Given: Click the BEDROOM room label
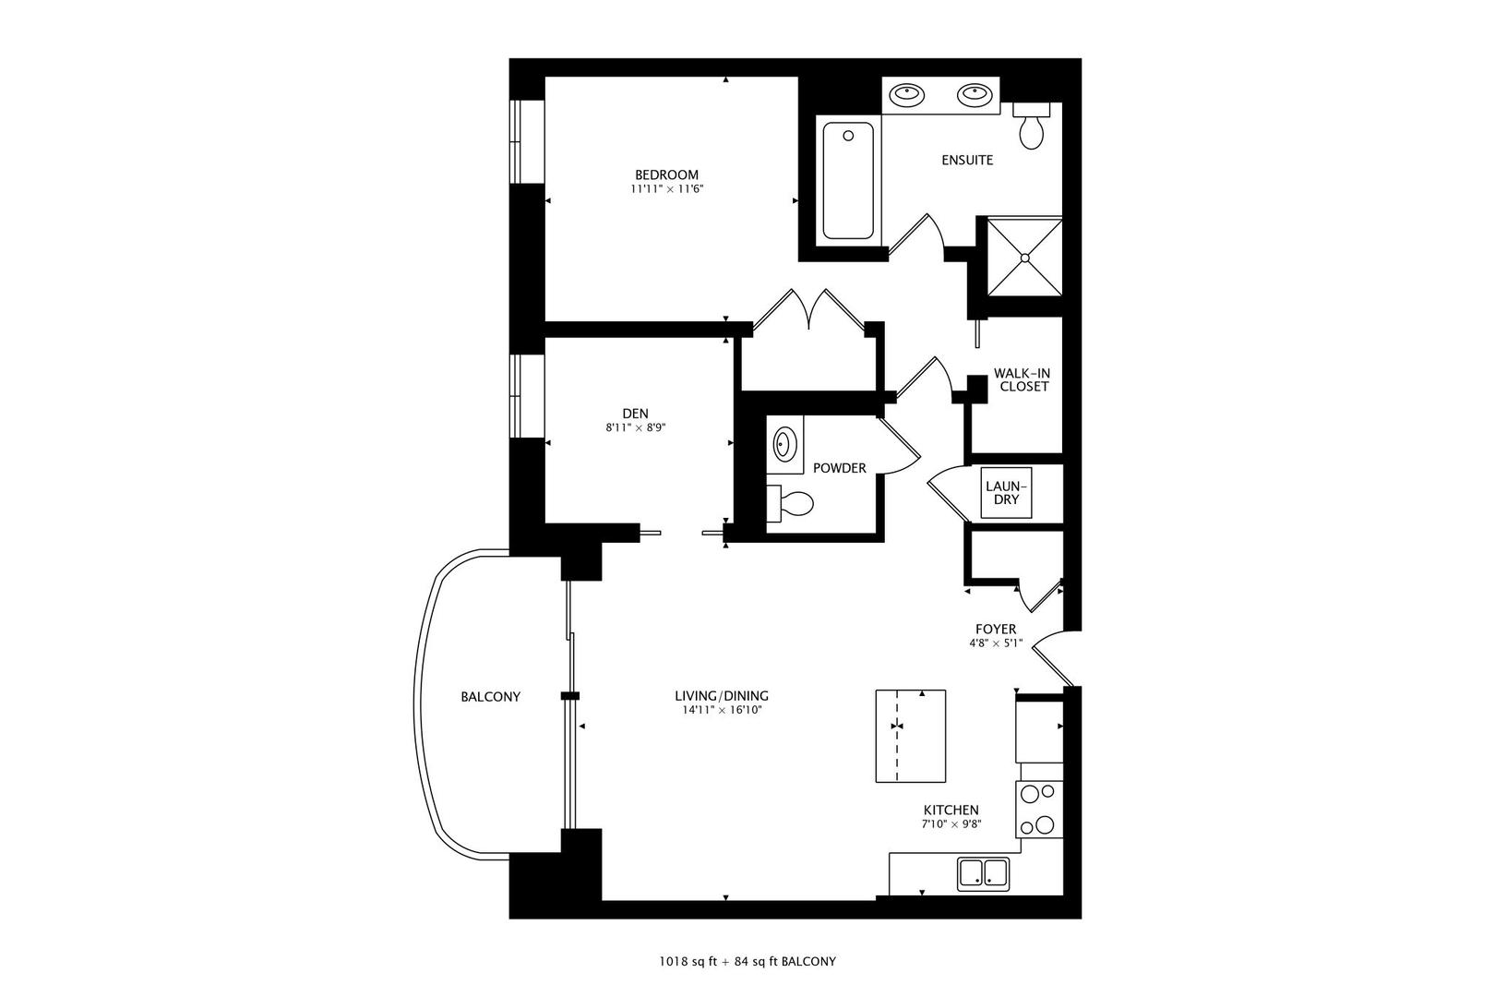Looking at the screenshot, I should [665, 174].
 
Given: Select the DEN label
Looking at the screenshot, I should [635, 413].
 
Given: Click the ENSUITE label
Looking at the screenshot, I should [967, 160].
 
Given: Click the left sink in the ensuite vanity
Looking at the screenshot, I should [909, 93].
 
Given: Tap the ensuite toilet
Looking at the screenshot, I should [1031, 127].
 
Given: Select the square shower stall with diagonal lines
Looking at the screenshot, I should [1024, 258].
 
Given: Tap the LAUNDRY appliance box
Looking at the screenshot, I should [1005, 493].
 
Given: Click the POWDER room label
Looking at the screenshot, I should [839, 468].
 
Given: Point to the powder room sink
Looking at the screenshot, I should [784, 444].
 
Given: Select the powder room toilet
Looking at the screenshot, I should [790, 504].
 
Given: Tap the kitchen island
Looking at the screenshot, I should [911, 736].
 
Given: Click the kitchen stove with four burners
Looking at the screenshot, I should [1039, 809].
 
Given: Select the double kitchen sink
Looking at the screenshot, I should [983, 871].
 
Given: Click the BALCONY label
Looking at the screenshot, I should [490, 697].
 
